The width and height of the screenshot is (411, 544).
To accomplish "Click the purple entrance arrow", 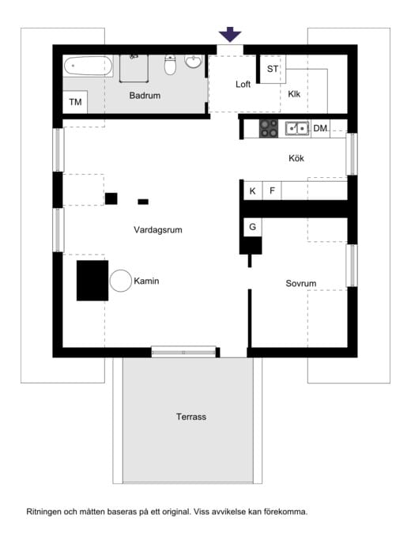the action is (229, 35).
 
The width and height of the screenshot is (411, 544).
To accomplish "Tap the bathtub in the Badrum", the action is (88, 66).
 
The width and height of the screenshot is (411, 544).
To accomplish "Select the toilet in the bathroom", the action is (170, 65).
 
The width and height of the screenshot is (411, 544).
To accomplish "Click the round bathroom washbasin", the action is (193, 62).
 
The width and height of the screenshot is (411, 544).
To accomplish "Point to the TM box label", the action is (75, 102).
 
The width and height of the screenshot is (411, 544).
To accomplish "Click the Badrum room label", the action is (145, 96).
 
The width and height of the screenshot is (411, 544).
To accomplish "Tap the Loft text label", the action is (243, 84).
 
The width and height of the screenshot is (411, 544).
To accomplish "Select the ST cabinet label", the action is (272, 69).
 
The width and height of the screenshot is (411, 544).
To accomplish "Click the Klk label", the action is (294, 94).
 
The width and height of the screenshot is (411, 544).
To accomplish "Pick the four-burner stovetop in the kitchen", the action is (269, 128).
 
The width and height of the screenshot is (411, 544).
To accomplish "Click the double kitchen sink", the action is (297, 128).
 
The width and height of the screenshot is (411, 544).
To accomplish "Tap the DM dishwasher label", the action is (320, 128).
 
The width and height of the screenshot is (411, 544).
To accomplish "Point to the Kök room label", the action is (296, 158).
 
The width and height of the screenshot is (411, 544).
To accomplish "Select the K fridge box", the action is (253, 191).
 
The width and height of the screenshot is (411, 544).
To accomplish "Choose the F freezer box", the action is (272, 191).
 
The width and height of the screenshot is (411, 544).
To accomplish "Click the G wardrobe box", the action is (252, 227).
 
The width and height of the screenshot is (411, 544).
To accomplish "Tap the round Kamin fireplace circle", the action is (121, 281).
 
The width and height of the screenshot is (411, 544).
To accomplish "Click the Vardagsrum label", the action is (158, 229).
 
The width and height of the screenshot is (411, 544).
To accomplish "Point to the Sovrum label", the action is (300, 283).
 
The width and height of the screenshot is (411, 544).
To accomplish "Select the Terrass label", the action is (191, 417).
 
